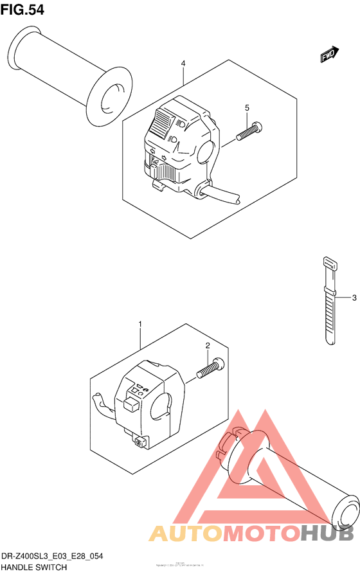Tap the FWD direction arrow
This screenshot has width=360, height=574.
point(328,57)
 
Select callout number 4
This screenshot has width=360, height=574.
point(183,64)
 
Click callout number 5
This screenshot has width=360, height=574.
point(247,107)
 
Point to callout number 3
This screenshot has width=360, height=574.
point(354,298)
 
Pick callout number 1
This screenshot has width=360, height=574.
point(140,325)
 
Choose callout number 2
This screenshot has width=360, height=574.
point(208,346)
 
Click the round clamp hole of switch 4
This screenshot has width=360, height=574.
point(206,152)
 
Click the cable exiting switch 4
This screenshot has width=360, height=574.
point(222,195)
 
